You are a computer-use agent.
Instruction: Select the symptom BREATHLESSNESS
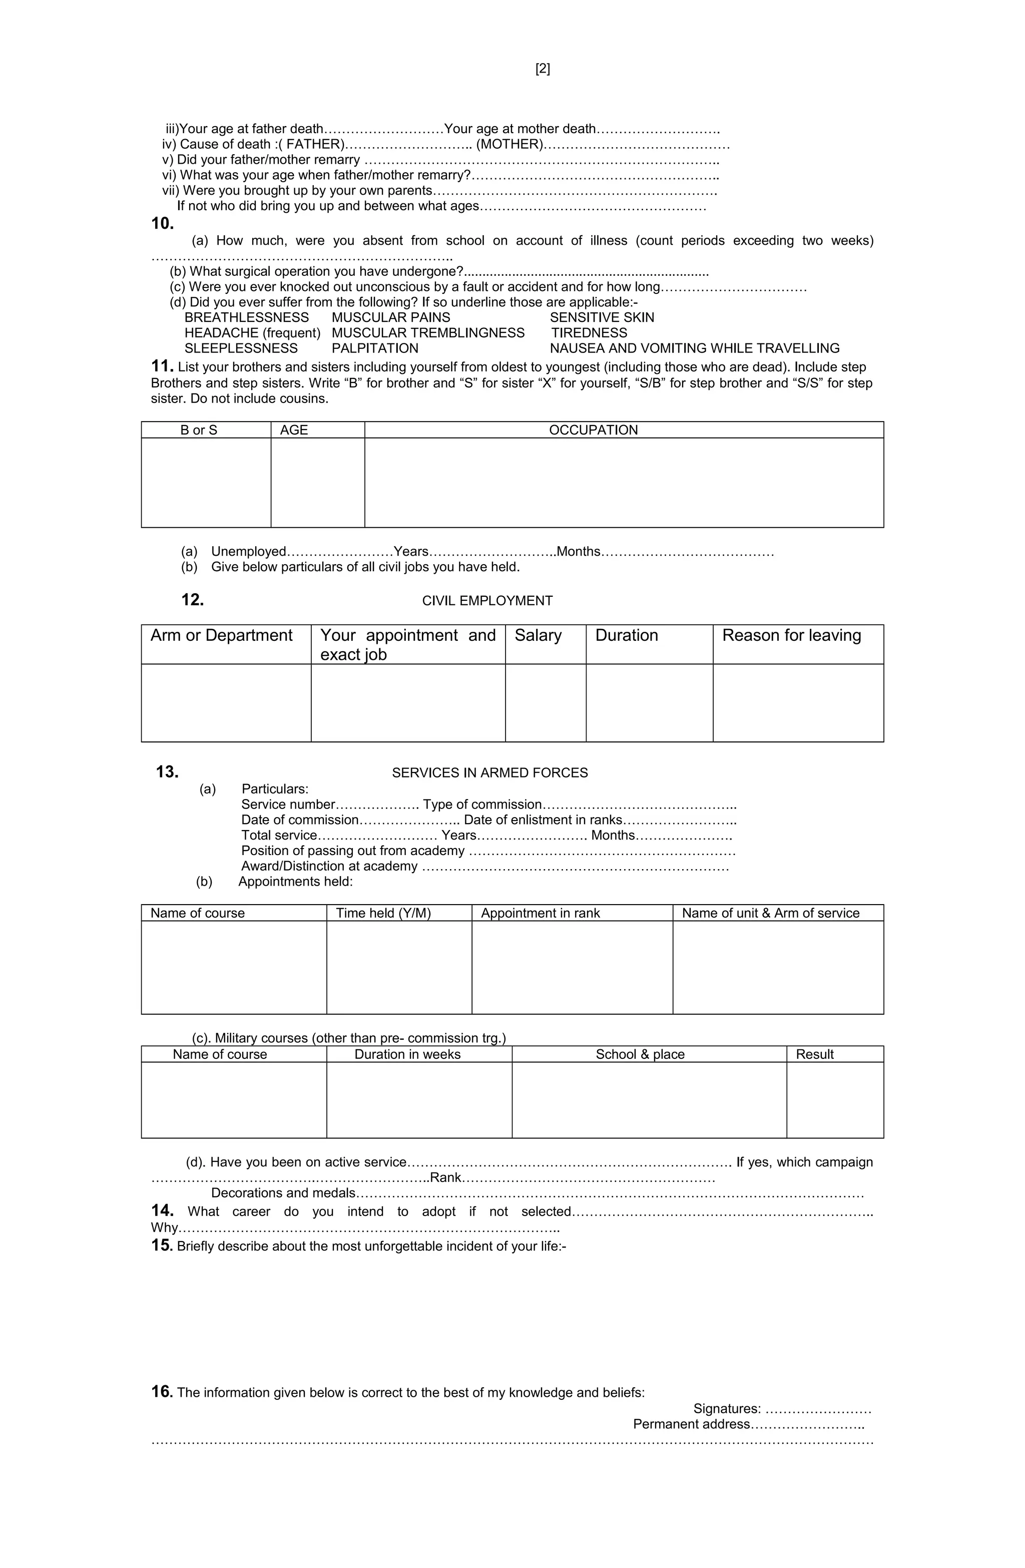point(246,317)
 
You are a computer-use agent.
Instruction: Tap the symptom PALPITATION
point(375,348)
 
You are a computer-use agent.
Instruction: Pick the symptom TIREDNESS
point(589,333)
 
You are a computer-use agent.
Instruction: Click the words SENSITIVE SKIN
point(602,317)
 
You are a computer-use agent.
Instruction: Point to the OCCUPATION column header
point(593,430)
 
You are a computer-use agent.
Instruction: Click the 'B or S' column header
point(199,430)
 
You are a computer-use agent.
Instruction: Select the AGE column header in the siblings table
point(294,430)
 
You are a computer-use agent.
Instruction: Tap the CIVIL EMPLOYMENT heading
point(487,601)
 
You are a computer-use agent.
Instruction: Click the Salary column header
point(538,635)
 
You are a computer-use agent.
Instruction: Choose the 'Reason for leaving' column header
point(791,635)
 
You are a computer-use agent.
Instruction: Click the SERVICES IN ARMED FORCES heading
point(489,773)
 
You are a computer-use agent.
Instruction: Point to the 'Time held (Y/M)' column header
point(383,913)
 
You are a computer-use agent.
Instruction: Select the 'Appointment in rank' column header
point(540,913)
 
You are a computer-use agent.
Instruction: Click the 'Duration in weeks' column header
point(407,1054)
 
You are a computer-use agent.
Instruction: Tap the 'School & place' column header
point(640,1054)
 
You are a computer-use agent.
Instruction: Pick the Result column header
point(814,1054)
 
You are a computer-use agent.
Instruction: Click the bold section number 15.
point(161,1245)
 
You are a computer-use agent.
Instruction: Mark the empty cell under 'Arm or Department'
point(226,702)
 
